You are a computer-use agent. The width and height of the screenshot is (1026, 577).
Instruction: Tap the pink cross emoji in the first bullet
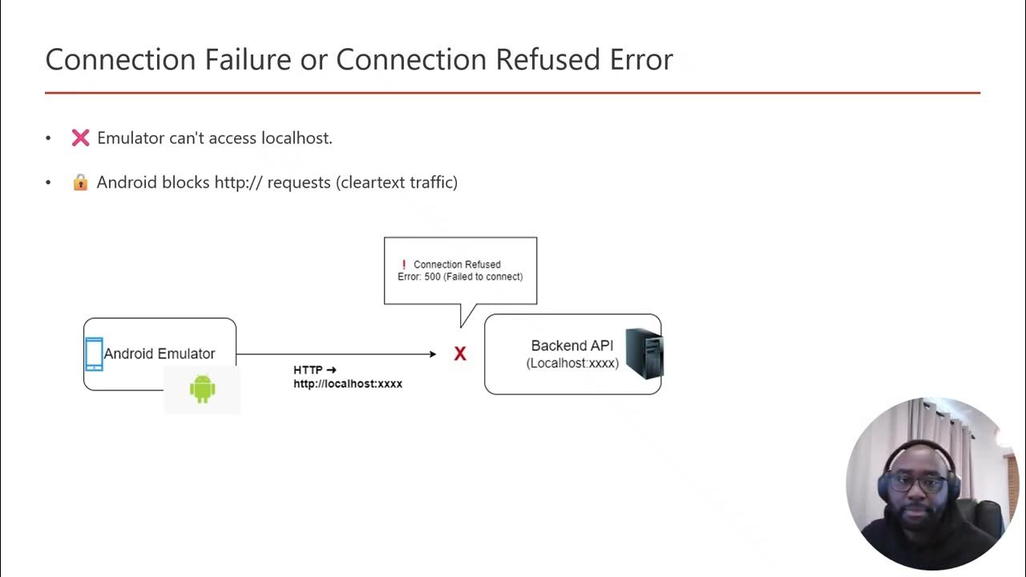click(80, 138)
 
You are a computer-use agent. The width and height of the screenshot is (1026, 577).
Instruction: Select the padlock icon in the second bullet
click(80, 183)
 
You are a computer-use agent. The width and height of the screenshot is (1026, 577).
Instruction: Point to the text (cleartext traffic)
click(397, 183)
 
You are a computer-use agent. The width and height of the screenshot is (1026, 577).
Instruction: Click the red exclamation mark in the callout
click(404, 264)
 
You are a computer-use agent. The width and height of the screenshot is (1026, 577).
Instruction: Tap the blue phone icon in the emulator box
click(94, 354)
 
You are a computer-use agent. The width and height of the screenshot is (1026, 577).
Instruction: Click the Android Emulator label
click(160, 353)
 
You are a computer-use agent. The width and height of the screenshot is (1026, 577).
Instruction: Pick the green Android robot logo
click(202, 389)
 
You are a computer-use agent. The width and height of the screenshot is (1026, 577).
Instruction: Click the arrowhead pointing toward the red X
click(432, 353)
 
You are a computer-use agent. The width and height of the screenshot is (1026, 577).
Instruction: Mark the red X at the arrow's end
click(460, 354)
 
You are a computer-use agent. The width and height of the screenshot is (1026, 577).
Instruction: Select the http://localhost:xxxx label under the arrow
click(348, 384)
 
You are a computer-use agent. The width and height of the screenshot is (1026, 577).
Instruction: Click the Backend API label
click(572, 345)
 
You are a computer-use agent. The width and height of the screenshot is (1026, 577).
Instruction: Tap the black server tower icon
click(644, 353)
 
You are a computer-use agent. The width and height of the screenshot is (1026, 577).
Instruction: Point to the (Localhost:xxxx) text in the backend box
click(572, 364)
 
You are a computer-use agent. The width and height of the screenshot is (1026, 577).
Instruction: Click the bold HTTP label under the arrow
click(308, 370)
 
